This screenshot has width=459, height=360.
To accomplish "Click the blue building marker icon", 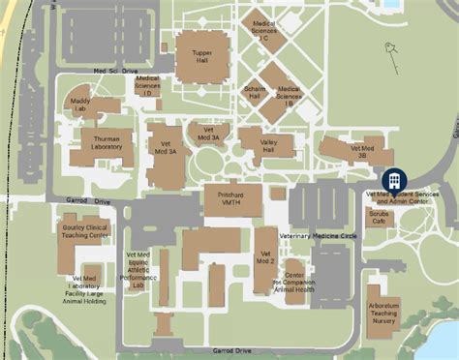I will [394, 180].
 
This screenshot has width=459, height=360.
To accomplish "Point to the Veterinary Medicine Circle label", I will [318, 235].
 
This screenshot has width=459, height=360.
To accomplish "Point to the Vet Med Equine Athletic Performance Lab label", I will [137, 272].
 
